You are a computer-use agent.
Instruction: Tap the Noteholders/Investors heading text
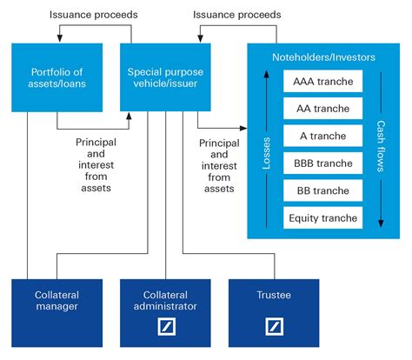click(321, 57)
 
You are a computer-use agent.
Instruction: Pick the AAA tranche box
click(322, 82)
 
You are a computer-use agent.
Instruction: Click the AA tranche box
click(322, 109)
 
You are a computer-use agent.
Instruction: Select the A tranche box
click(322, 136)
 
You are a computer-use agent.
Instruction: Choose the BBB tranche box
click(322, 163)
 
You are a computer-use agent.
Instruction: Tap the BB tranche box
click(322, 190)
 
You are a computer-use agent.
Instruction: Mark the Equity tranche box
click(322, 217)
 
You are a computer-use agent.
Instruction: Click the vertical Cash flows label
click(380, 149)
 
